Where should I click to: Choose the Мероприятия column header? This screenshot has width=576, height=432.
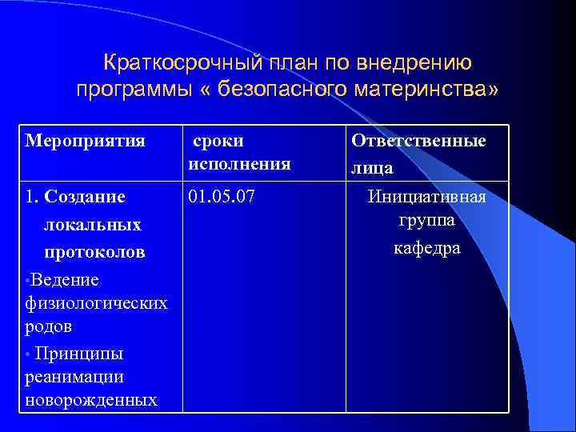click(86, 142)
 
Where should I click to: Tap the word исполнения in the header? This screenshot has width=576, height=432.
click(239, 165)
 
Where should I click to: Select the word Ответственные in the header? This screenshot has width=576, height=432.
click(418, 142)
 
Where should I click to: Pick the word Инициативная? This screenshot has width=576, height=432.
click(426, 196)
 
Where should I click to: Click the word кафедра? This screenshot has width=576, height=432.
click(426, 248)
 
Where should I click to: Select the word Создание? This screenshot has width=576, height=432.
click(86, 196)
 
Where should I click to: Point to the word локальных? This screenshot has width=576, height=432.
click(92, 225)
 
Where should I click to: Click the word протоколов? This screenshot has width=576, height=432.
click(94, 252)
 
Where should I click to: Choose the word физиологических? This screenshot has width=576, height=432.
click(96, 303)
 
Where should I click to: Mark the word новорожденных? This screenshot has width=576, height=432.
click(90, 399)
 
